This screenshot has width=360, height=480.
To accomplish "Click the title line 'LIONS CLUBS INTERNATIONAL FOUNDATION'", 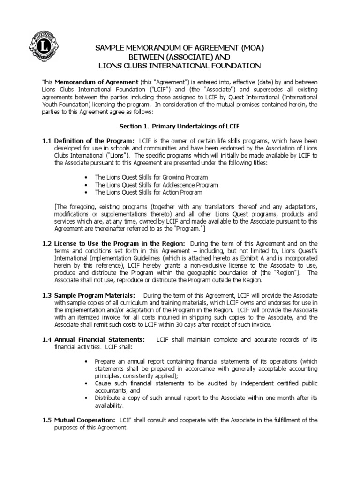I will [179, 66].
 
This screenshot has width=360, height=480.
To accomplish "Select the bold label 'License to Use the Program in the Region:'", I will [120, 243].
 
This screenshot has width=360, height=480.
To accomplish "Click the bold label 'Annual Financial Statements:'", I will [99, 339].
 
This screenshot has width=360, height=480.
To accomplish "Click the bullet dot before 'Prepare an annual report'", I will [87, 362].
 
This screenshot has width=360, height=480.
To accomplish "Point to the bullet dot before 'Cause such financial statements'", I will [87, 383].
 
